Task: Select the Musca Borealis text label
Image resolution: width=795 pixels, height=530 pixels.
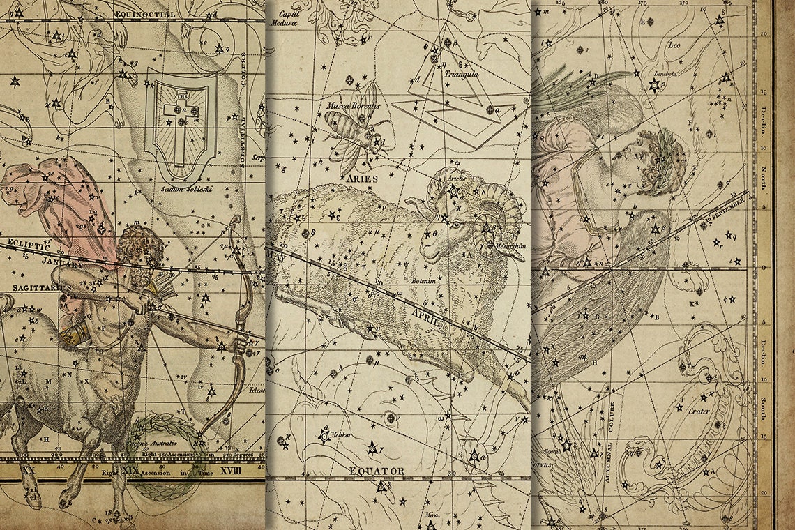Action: coord(353,106)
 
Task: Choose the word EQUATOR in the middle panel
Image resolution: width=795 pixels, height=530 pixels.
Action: coord(377,471)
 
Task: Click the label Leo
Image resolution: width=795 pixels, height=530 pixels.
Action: coord(674,45)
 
